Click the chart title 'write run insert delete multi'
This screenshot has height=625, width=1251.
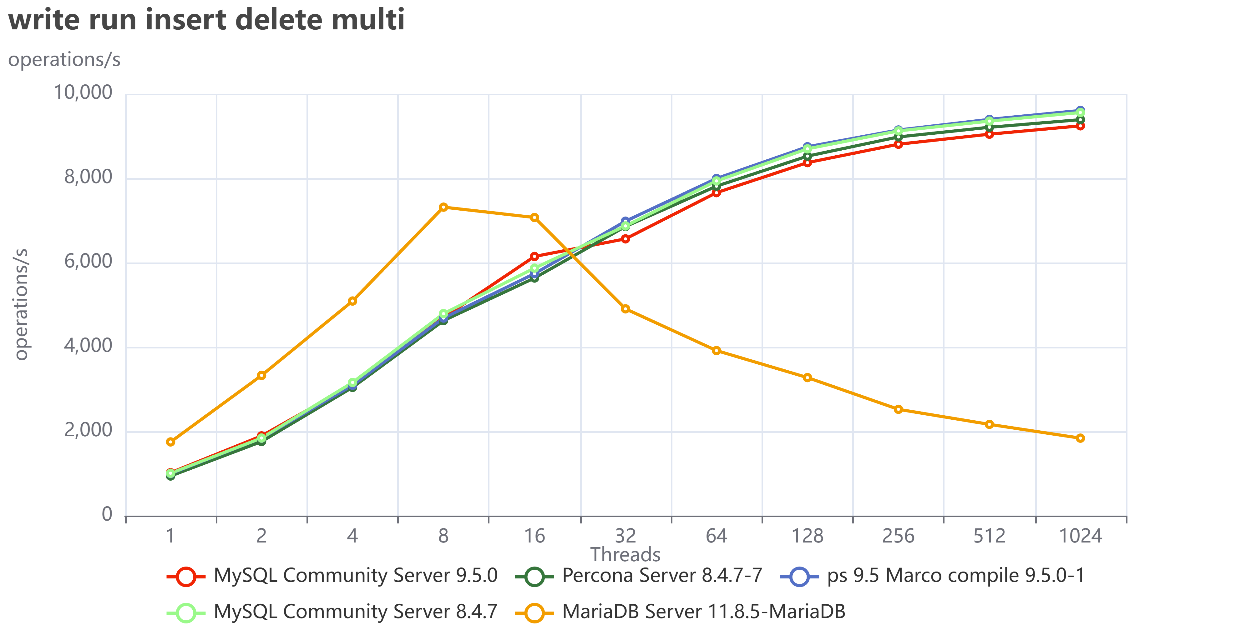pos(206,20)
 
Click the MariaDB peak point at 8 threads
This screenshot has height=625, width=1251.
pos(443,207)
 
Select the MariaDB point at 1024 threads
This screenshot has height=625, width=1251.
pos(1080,438)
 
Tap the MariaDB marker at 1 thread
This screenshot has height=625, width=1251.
pos(170,442)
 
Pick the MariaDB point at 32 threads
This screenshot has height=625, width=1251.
pos(625,309)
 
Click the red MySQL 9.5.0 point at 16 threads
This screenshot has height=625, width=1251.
pos(534,256)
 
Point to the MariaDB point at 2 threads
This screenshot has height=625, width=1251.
pos(261,375)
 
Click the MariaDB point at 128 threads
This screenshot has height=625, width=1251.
pos(807,377)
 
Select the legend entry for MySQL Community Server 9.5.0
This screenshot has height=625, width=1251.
pos(333,576)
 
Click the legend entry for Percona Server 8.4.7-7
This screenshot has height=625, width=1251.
pos(639,576)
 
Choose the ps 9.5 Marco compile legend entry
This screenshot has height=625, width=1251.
pos(932,576)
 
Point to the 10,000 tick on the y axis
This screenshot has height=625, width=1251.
pos(83,92)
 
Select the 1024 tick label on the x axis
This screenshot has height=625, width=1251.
pos(1080,536)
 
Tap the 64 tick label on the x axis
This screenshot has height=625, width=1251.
pos(716,536)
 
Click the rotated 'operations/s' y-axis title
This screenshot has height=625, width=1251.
pos(21,304)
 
